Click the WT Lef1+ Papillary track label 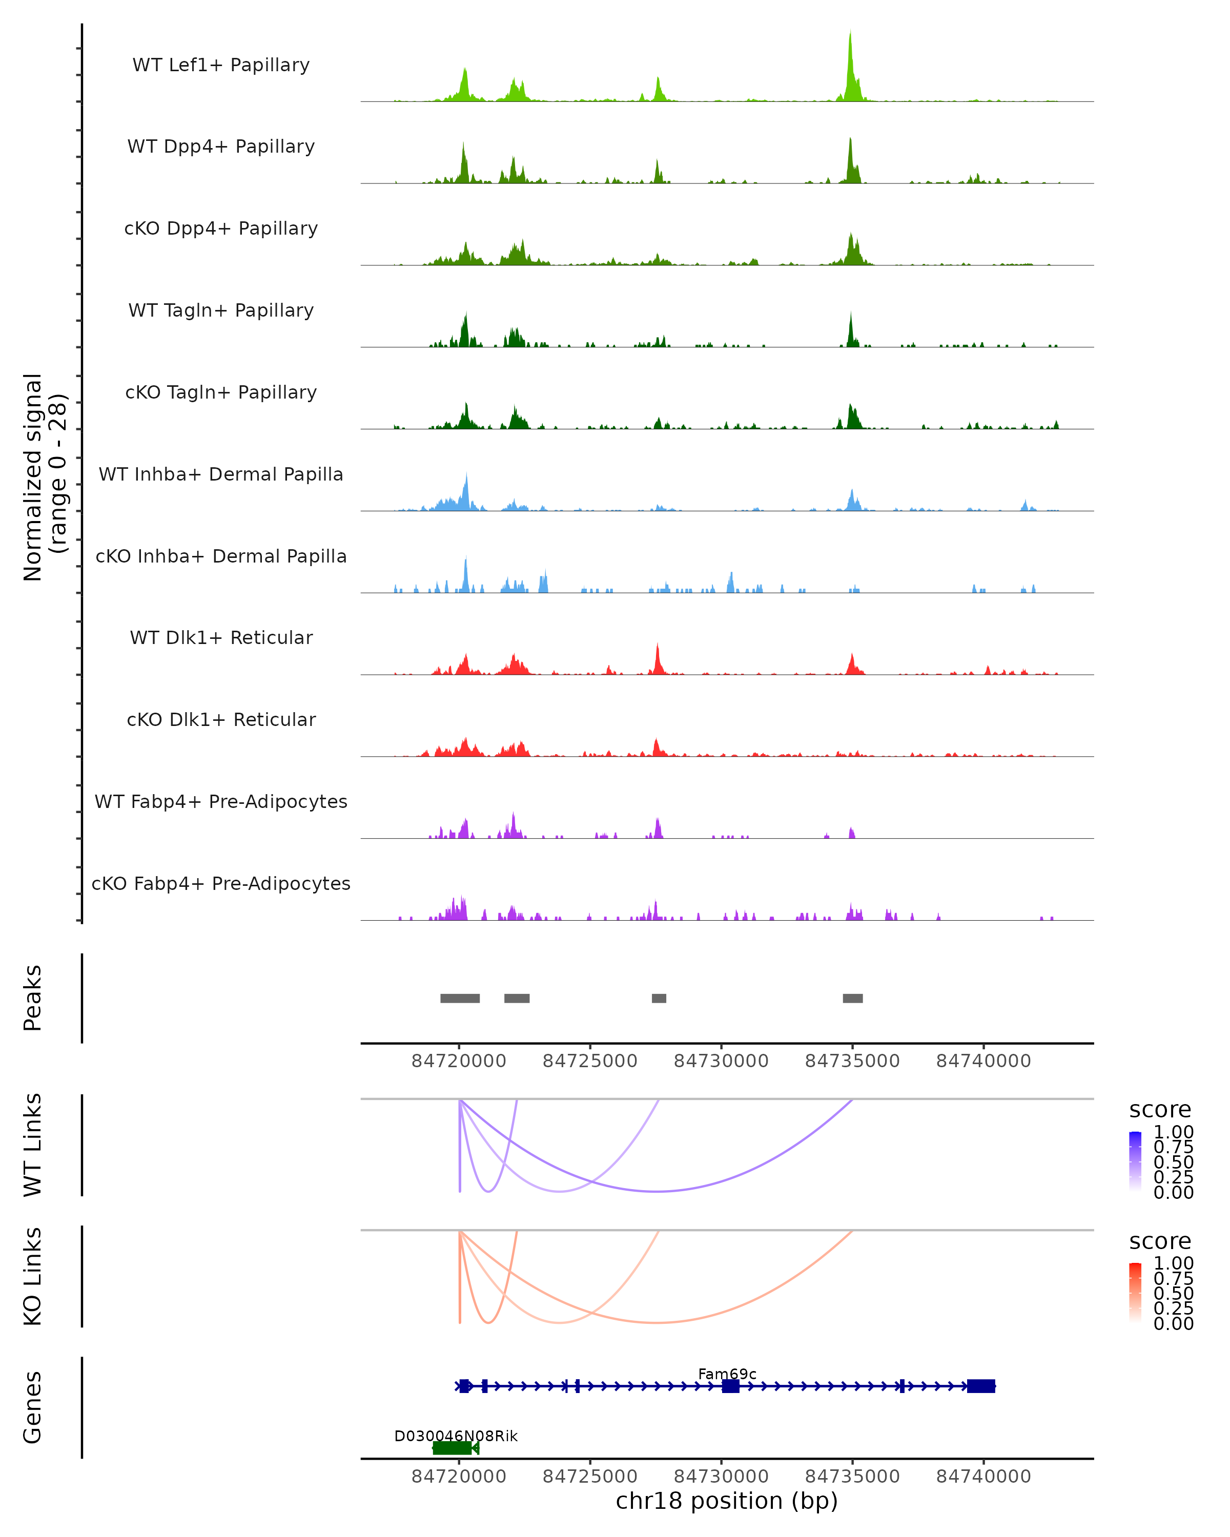[x=221, y=65]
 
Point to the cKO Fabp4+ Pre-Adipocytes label [x=221, y=883]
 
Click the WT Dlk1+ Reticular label [x=221, y=637]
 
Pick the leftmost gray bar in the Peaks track [x=460, y=998]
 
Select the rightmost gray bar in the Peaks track [x=853, y=998]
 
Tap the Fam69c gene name [x=727, y=1374]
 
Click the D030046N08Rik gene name [x=456, y=1436]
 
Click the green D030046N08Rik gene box [x=453, y=1448]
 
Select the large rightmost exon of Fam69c [x=981, y=1386]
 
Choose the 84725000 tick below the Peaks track [x=590, y=1061]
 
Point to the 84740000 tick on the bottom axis [x=983, y=1477]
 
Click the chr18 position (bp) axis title [x=727, y=1501]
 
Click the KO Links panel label [x=33, y=1277]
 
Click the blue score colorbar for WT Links [x=1135, y=1161]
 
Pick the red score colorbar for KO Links [x=1135, y=1293]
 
